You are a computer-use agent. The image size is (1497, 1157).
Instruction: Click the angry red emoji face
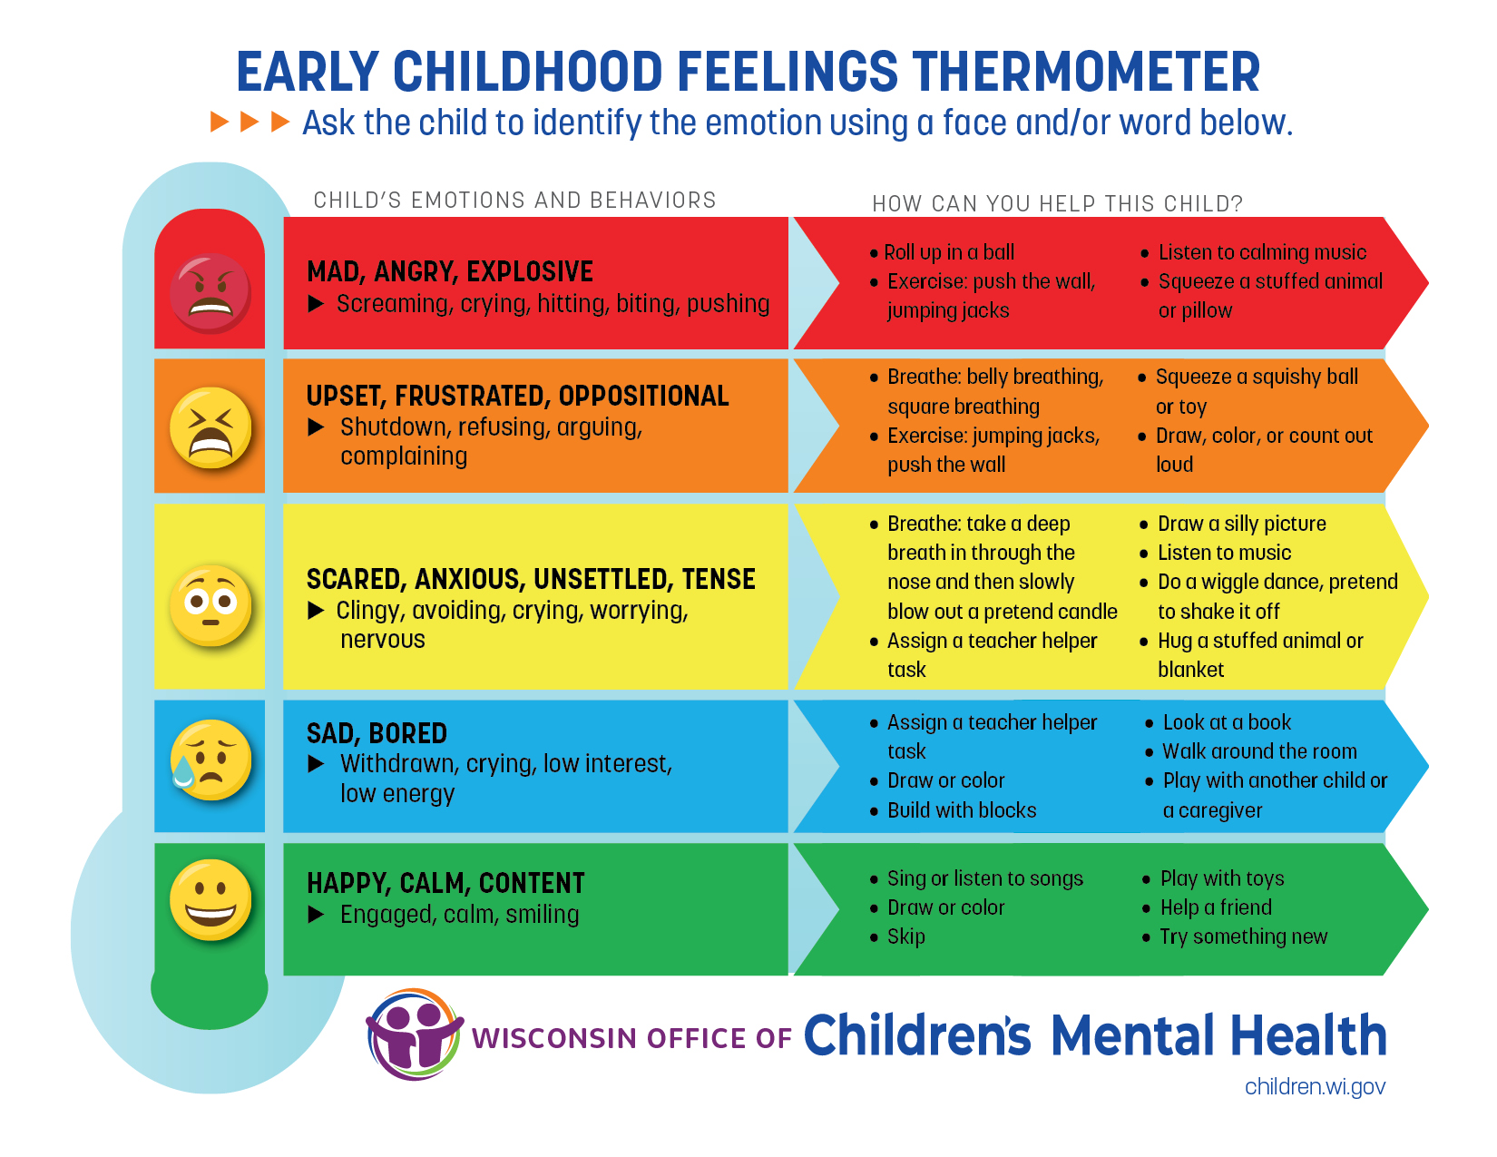(210, 293)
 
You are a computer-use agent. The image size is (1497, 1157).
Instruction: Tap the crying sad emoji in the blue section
(210, 760)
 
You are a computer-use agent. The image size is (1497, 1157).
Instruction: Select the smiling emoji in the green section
(210, 899)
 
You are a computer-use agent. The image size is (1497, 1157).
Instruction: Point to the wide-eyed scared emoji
(210, 605)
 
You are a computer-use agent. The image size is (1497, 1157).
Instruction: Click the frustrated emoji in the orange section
(210, 427)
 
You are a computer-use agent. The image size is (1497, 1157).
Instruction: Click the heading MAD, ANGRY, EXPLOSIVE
(450, 271)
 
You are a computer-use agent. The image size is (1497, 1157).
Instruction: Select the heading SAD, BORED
(377, 733)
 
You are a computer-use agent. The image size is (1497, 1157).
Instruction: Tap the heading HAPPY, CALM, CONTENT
(445, 883)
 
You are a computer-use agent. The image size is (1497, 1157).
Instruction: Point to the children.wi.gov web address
(1315, 1087)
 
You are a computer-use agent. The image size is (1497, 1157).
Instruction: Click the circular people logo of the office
(415, 1034)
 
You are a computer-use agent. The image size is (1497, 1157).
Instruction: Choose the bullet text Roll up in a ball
(949, 252)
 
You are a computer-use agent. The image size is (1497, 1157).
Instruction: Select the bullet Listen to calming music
(1262, 252)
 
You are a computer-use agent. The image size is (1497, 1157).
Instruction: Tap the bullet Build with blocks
(962, 809)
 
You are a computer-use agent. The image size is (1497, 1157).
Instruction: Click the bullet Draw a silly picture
(1241, 524)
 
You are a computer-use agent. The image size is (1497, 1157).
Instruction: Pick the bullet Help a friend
(1216, 907)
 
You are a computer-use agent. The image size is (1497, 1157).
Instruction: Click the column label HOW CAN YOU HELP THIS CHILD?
(1058, 204)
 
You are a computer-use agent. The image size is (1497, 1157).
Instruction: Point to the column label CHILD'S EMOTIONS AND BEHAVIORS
(514, 200)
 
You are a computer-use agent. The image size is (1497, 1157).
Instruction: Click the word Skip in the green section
(906, 936)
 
